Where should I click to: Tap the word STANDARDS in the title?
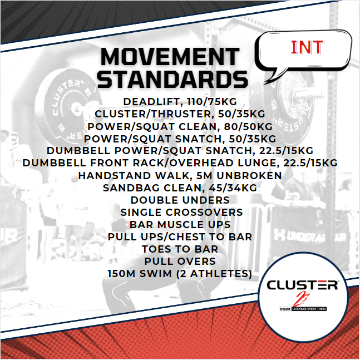pyautogui.click(x=172, y=79)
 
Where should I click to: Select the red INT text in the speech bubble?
pyautogui.click(x=307, y=48)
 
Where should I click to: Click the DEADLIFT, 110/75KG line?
pyautogui.click(x=180, y=102)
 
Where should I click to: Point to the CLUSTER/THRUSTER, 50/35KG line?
pyautogui.click(x=180, y=114)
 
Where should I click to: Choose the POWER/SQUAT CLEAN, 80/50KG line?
pyautogui.click(x=180, y=126)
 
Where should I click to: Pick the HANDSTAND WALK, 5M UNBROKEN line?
pyautogui.click(x=180, y=175)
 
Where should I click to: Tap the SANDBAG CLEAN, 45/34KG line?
pyautogui.click(x=180, y=188)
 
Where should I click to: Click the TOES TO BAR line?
pyautogui.click(x=180, y=249)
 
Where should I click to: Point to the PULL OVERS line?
pyautogui.click(x=180, y=261)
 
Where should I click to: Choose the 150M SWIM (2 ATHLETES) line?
pyautogui.click(x=180, y=273)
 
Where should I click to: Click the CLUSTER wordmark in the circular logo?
pyautogui.click(x=302, y=285)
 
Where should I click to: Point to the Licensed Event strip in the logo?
pyautogui.click(x=303, y=308)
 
